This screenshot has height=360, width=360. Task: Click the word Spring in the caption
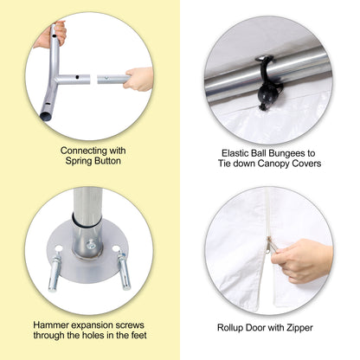click(x=77, y=161)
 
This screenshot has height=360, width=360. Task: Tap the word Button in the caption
click(x=106, y=161)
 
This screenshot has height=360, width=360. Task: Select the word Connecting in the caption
click(x=80, y=151)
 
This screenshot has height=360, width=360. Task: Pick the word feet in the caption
click(x=138, y=335)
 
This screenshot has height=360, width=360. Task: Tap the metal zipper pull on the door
click(x=270, y=245)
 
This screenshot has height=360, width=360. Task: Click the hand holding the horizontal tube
click(x=138, y=79)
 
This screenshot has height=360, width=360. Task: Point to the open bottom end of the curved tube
click(x=45, y=116)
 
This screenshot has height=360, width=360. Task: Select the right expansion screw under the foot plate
click(x=125, y=270)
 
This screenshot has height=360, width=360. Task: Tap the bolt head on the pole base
click(x=91, y=244)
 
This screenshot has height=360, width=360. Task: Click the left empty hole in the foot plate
click(x=58, y=247)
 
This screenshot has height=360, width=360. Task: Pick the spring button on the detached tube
click(x=106, y=78)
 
